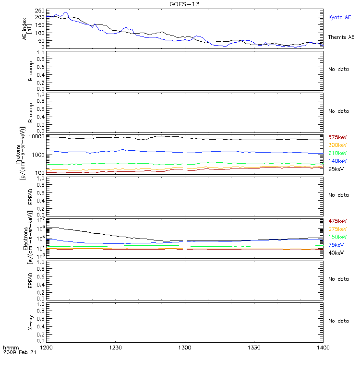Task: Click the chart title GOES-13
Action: pyautogui.click(x=185, y=4)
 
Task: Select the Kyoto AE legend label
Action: pyautogui.click(x=339, y=18)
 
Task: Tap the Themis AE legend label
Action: pyautogui.click(x=341, y=37)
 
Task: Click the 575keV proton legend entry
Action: pyautogui.click(x=337, y=137)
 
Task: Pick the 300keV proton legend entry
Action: pyautogui.click(x=337, y=145)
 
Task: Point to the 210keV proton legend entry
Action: pyautogui.click(x=337, y=153)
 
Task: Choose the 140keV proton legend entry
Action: pyautogui.click(x=337, y=161)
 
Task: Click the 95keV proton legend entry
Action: pyautogui.click(x=336, y=169)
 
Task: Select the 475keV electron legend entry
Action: pyautogui.click(x=337, y=221)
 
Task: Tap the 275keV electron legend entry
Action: pyautogui.click(x=337, y=229)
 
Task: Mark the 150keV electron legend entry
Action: pyautogui.click(x=337, y=237)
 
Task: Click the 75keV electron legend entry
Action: pyautogui.click(x=336, y=245)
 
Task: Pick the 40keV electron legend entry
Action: pyautogui.click(x=336, y=253)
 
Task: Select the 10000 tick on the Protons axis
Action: pyautogui.click(x=36, y=137)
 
